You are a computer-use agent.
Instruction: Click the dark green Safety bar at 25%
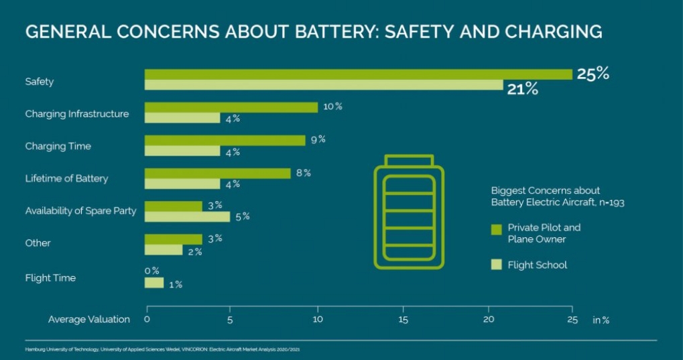pos(359,74)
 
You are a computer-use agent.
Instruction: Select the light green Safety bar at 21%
pos(324,85)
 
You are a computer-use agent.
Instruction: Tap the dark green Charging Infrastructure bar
pos(231,107)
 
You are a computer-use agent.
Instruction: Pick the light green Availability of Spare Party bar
pos(188,217)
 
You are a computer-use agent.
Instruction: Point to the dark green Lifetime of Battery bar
pos(218,173)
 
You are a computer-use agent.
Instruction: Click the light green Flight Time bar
pos(154,283)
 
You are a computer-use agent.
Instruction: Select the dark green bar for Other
pos(174,239)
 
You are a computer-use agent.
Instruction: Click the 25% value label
pos(593,74)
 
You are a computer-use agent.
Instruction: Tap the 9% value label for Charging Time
pos(318,139)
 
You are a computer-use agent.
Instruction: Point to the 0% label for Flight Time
pos(151,271)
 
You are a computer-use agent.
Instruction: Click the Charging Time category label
pos(58,146)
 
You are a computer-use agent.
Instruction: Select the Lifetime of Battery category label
pos(66,179)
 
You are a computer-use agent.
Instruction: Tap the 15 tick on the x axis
pos(403,319)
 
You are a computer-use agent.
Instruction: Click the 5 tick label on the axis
pos(230,319)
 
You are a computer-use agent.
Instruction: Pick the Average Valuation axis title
pos(89,319)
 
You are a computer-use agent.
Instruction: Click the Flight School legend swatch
pos(496,265)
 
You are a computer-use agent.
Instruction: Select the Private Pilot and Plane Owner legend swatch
pos(496,229)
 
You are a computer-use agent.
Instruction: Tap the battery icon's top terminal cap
pos(409,160)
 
